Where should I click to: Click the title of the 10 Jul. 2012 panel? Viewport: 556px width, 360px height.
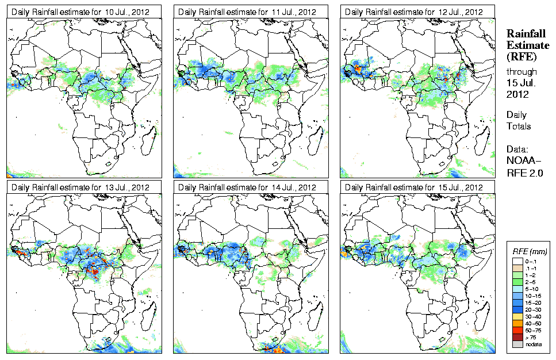click(81, 12)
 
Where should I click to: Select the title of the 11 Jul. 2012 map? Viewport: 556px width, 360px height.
click(248, 12)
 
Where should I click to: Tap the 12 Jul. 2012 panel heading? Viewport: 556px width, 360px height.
click(415, 12)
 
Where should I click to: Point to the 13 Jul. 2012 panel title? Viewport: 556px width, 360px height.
click(81, 187)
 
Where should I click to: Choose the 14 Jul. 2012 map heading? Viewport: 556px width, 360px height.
click(248, 187)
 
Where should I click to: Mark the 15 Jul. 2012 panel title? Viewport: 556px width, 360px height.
click(415, 187)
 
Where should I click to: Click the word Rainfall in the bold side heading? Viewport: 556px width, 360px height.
click(526, 34)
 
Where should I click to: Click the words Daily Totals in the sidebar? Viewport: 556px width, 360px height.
click(519, 120)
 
